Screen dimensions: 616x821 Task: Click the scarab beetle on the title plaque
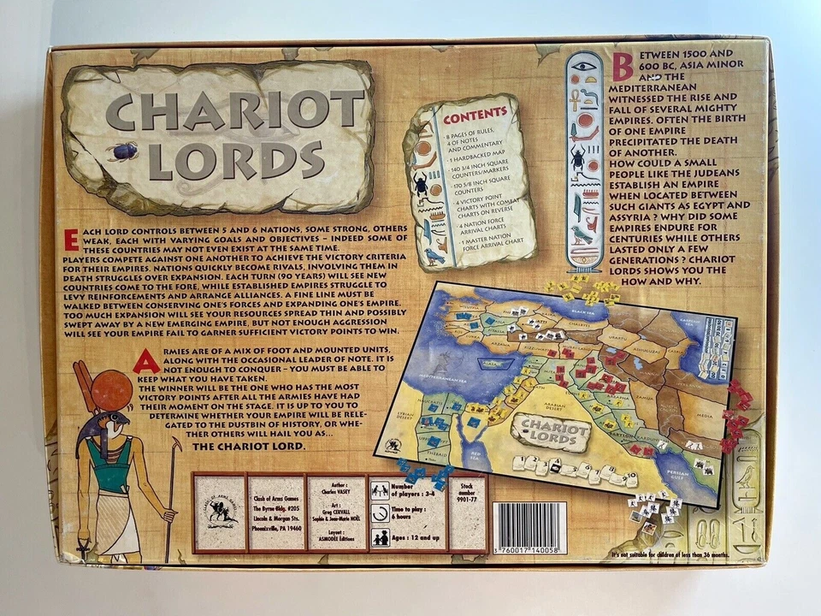coord(125,151)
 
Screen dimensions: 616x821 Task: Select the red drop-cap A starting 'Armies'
coord(145,361)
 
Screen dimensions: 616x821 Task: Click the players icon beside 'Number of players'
coord(380,490)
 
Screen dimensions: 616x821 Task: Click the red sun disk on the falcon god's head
coord(111,390)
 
